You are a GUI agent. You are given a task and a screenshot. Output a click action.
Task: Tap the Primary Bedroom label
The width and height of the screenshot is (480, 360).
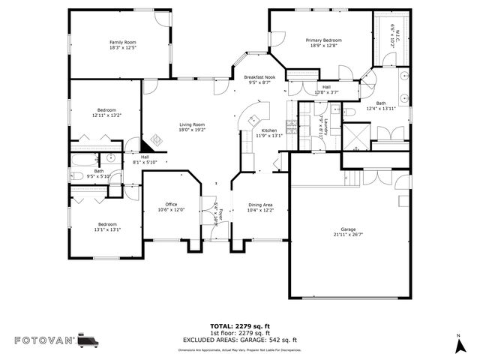(323, 40)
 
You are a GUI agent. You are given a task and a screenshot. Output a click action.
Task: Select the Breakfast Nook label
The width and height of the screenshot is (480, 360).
(260, 77)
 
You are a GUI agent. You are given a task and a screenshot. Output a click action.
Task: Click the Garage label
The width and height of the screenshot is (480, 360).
(348, 229)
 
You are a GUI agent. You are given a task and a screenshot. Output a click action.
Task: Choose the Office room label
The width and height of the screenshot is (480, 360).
(171, 205)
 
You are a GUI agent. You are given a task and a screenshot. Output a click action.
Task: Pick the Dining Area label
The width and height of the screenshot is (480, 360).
(260, 205)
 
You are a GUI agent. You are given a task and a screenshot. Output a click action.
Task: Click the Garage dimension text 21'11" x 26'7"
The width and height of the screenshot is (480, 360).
(348, 235)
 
